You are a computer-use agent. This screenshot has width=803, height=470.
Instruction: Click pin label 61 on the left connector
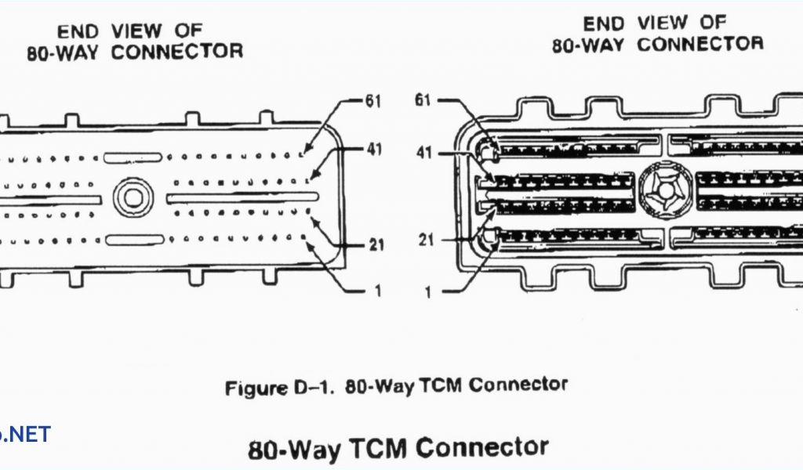[x=371, y=101]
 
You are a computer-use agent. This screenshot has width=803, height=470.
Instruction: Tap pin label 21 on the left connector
[x=376, y=245]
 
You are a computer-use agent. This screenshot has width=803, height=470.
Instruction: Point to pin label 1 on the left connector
[x=377, y=291]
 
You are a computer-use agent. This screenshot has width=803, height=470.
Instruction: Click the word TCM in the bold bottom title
[x=376, y=449]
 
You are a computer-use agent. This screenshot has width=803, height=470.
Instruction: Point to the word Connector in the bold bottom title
[x=482, y=447]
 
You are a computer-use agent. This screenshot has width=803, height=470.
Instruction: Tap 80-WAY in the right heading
[x=588, y=45]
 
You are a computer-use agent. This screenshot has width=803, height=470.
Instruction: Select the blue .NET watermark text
[x=25, y=433]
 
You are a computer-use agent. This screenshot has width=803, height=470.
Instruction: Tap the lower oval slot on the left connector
[x=134, y=240]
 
